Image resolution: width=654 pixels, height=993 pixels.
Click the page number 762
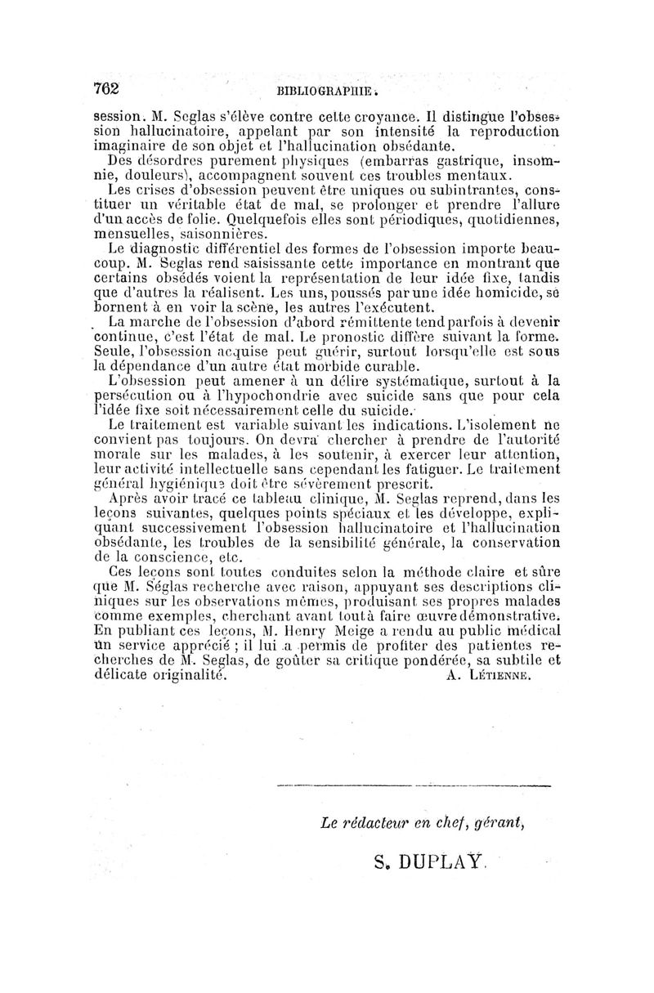(107, 88)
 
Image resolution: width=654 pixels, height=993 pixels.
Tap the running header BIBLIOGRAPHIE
(326, 92)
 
